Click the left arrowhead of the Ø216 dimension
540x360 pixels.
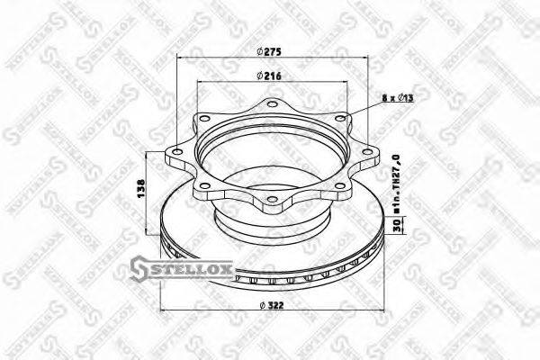coord(199,84)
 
